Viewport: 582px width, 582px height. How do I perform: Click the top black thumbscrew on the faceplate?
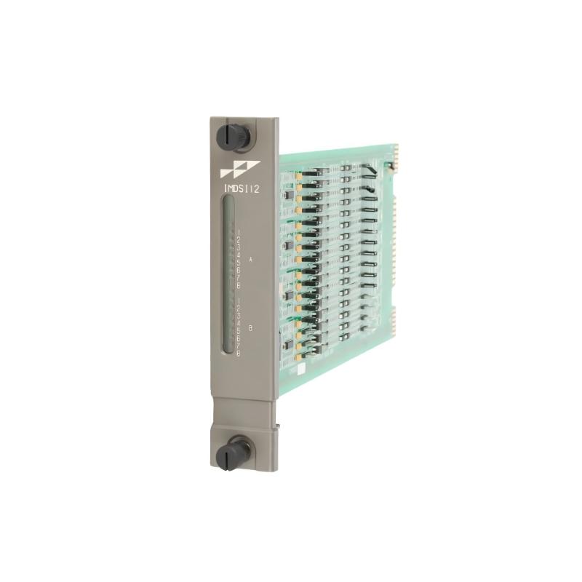click(x=233, y=136)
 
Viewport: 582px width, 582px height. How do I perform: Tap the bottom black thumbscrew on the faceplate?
click(x=233, y=453)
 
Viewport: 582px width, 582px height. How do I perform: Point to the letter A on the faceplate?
click(x=250, y=259)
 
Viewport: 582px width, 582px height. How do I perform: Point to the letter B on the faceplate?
click(x=250, y=328)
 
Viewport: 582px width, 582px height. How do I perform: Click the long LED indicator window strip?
click(x=228, y=274)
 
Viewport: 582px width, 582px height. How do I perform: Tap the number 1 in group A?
click(x=239, y=232)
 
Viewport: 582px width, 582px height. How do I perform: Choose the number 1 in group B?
click(x=239, y=300)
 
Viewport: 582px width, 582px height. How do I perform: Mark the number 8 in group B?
click(x=239, y=354)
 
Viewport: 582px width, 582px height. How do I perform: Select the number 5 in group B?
click(x=239, y=331)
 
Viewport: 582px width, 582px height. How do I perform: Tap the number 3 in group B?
click(x=239, y=316)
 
